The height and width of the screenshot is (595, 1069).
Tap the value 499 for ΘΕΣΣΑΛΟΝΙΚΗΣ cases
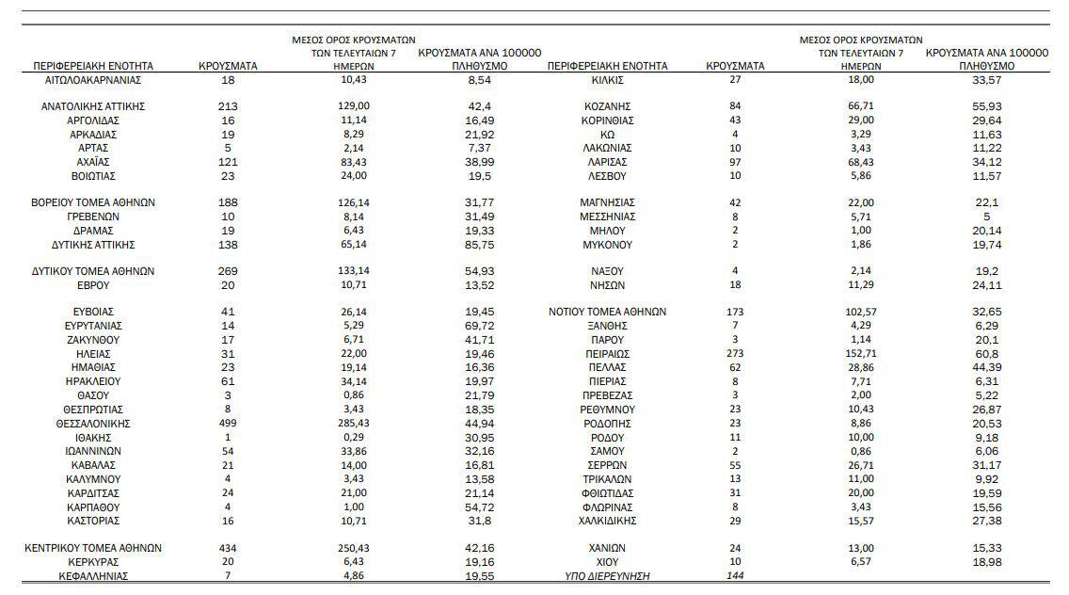[228, 424]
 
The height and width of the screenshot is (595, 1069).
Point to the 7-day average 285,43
[354, 424]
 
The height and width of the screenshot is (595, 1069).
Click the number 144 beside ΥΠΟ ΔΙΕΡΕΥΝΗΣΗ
[735, 576]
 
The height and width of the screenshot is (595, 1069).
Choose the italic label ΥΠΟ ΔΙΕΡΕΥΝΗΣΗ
[608, 576]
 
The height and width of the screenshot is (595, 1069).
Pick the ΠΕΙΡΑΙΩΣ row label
[608, 354]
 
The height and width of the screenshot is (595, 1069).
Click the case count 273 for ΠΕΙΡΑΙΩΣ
[735, 354]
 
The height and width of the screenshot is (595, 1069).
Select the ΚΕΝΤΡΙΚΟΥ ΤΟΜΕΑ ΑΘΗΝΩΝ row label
[93, 549]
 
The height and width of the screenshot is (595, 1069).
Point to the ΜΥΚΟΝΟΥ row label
[608, 245]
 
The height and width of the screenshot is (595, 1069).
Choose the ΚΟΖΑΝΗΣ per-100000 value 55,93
[987, 106]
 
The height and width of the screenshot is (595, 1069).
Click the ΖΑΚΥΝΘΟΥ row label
[93, 341]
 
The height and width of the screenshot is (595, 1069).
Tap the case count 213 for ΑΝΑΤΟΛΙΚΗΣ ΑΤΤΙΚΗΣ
[228, 106]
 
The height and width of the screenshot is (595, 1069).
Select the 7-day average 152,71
[861, 354]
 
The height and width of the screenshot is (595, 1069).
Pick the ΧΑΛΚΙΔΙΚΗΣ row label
[608, 522]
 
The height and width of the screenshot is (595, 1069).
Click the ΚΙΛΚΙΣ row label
[608, 80]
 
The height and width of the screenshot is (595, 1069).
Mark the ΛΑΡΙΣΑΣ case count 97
[735, 162]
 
